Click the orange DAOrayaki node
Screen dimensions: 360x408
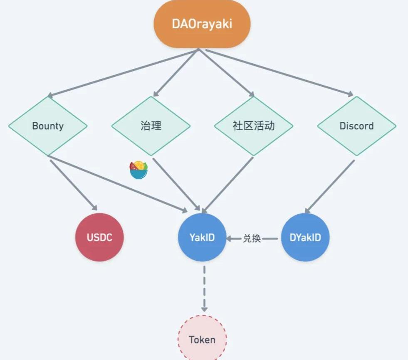[202, 24]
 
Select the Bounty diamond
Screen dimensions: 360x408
[48, 126]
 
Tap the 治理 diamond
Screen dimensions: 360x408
[151, 126]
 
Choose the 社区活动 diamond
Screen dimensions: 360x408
[254, 126]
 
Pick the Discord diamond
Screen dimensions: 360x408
[356, 126]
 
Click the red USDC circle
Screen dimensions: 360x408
[99, 237]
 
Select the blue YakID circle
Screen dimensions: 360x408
[202, 237]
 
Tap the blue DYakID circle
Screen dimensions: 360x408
[305, 237]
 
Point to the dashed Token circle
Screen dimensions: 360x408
[202, 339]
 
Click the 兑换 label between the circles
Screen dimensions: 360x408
[252, 239]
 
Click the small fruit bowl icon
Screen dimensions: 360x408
[138, 170]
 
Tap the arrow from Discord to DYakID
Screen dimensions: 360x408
[331, 185]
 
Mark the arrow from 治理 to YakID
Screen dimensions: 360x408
[177, 183]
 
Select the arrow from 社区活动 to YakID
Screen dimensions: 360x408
[229, 183]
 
